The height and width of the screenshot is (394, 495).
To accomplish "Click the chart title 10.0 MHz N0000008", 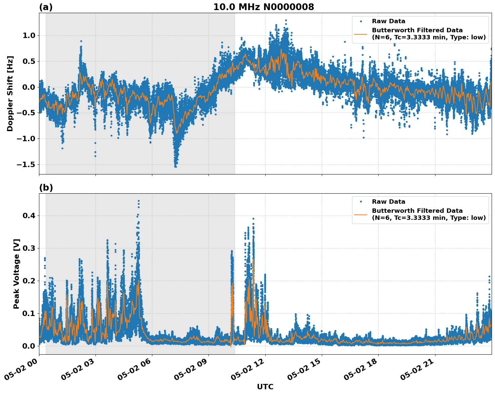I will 264,7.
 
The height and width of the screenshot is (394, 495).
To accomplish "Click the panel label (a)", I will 46,7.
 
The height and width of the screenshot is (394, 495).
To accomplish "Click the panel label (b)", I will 46,188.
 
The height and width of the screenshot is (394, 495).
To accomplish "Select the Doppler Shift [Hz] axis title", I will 10,93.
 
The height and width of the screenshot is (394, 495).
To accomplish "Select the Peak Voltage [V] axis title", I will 16,274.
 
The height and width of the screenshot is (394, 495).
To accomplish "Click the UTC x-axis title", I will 265,387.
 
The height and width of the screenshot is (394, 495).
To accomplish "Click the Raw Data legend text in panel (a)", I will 388,21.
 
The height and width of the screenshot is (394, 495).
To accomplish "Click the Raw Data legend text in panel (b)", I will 388,202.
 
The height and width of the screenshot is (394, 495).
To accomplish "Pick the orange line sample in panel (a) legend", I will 360,34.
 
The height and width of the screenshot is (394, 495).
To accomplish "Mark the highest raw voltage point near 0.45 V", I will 139,201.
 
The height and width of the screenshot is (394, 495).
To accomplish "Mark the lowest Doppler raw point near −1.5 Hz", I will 176,166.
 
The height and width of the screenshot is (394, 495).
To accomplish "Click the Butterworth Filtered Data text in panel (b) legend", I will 417,211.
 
